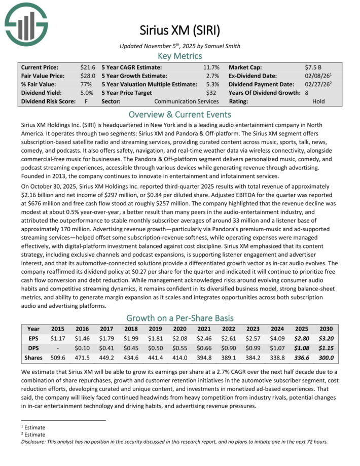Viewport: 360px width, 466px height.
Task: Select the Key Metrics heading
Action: [x=179, y=56]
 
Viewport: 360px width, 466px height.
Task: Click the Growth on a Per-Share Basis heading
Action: [x=179, y=318]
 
